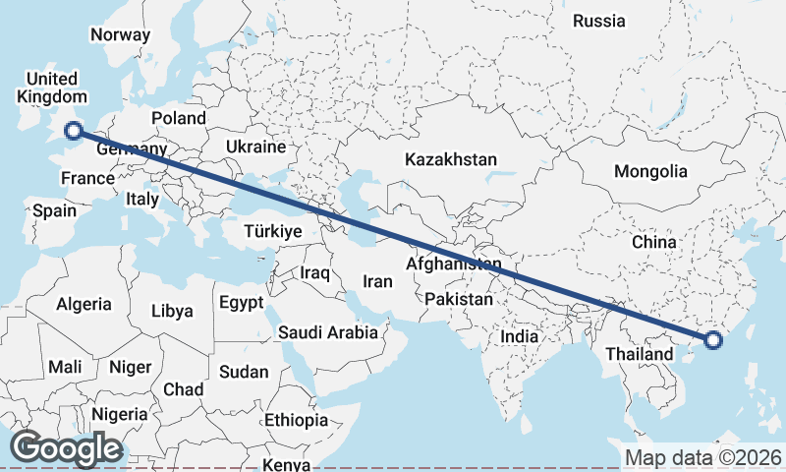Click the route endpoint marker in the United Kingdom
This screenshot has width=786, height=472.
[x=73, y=131]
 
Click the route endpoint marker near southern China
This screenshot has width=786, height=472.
[x=713, y=340]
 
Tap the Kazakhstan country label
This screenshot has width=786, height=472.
[x=452, y=159]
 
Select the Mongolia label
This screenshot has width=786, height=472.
[x=650, y=171]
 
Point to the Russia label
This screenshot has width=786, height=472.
[x=598, y=21]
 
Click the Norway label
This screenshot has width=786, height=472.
[x=120, y=35]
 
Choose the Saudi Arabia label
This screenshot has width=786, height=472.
[x=328, y=332]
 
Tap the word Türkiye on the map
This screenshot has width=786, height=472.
[x=271, y=232]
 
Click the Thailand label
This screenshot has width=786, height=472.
[x=640, y=354]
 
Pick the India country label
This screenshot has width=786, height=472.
[x=520, y=336]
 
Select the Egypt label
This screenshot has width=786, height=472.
[x=241, y=302]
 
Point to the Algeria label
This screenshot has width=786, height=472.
[x=84, y=305]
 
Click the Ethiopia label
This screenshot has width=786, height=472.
[x=296, y=420]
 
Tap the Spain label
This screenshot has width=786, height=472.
[x=54, y=210]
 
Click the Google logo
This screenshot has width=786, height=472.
[x=66, y=448]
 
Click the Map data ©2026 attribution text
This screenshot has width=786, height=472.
[x=702, y=457]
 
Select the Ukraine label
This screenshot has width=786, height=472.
[x=255, y=147]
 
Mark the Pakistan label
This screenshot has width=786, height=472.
[x=460, y=299]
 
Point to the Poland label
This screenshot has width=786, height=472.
[x=178, y=118]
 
